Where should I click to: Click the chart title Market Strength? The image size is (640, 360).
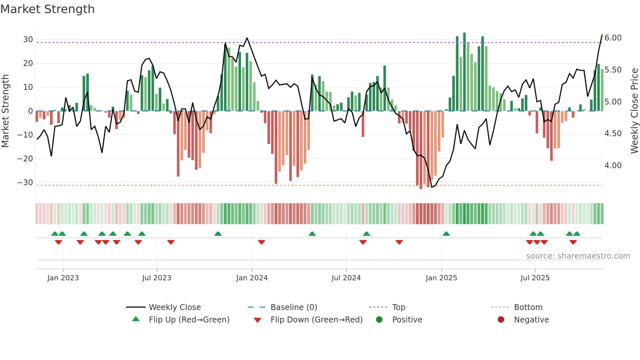click(x=47, y=9)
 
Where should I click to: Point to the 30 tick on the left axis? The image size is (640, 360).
click(x=28, y=40)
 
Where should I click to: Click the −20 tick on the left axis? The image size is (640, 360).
click(x=25, y=159)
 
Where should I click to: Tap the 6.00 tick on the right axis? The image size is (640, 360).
click(x=613, y=38)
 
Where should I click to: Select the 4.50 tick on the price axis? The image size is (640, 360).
click(x=613, y=134)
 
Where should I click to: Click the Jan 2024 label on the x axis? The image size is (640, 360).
click(x=252, y=278)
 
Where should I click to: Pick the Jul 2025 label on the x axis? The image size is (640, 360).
click(x=535, y=278)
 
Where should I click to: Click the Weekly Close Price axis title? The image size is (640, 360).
click(x=634, y=111)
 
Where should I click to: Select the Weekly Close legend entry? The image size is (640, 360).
click(x=174, y=307)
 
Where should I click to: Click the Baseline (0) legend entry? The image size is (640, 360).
click(x=294, y=307)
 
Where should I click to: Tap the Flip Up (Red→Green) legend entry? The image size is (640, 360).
click(x=189, y=320)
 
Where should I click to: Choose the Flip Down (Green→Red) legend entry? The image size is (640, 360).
click(x=316, y=320)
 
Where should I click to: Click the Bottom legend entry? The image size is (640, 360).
click(x=528, y=307)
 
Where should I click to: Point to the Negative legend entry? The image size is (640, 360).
click(x=531, y=320)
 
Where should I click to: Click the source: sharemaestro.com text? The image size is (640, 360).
click(x=578, y=256)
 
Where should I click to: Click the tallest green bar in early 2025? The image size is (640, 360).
click(x=464, y=72)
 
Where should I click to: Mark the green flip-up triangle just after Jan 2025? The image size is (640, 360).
click(x=446, y=234)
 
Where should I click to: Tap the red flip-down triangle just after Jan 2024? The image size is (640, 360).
click(x=261, y=242)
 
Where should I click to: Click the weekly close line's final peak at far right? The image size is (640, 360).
click(x=602, y=35)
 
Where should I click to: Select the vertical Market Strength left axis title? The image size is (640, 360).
click(x=5, y=111)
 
